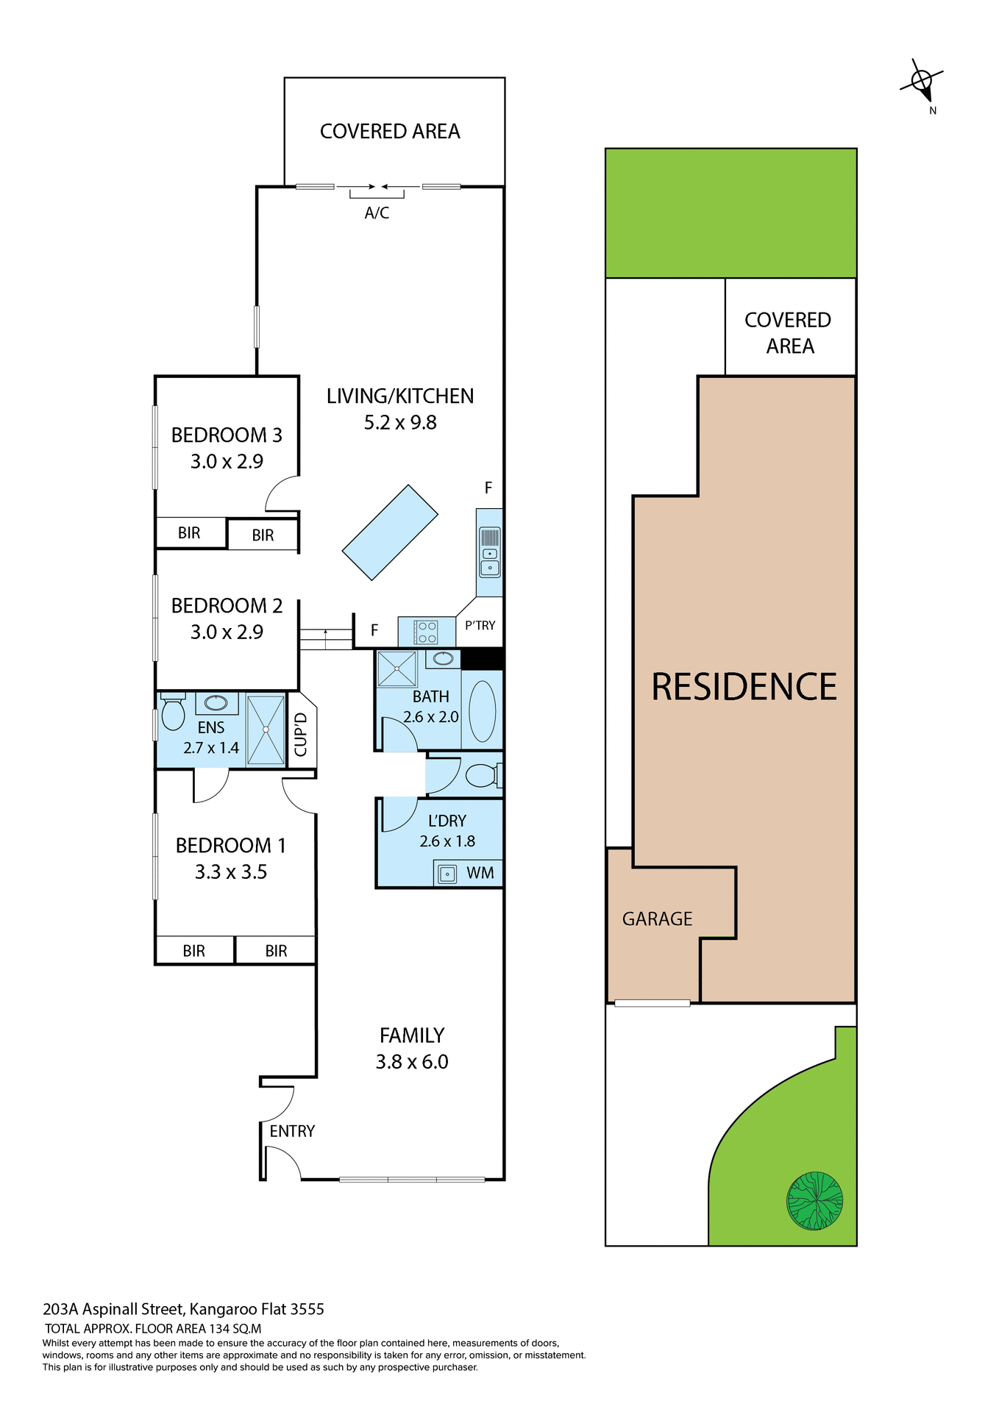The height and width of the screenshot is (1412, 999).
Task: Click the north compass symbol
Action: point(922,80)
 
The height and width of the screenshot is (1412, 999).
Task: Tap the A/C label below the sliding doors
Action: point(377,213)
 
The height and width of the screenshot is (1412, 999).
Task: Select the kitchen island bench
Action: point(390,532)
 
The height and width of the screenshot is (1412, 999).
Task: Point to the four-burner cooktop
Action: point(427,632)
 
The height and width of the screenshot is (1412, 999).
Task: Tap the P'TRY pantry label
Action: point(480,625)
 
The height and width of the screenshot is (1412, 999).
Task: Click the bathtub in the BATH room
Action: point(483,711)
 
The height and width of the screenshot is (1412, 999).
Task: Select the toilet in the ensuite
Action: point(173,713)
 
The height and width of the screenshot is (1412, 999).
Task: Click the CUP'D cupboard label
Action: point(301,734)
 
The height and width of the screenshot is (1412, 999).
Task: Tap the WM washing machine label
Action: point(480,873)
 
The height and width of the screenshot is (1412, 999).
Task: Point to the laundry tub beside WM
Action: point(447,874)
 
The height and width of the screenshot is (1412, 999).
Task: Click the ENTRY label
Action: point(292,1131)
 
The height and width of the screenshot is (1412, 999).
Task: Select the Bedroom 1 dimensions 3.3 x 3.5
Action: point(230,872)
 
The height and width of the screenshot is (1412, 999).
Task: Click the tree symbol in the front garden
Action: point(814,1201)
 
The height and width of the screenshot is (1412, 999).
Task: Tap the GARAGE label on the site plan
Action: point(657,919)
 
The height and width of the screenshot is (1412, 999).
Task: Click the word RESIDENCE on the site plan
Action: point(744,687)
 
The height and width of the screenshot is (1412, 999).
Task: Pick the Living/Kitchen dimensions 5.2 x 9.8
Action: point(400,423)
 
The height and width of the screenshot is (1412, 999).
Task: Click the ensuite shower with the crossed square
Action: point(266,730)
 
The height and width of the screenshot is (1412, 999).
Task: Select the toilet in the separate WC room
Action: point(482,775)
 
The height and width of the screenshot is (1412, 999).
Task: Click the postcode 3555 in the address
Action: point(307,1309)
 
